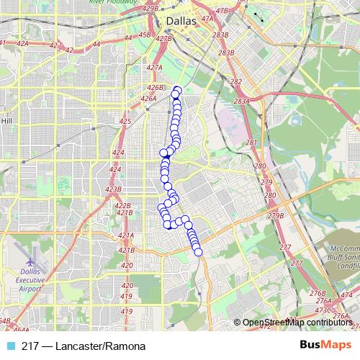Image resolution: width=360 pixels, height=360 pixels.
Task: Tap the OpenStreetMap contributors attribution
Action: coord(297,323)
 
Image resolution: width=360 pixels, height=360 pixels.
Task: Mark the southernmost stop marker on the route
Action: coord(199,251)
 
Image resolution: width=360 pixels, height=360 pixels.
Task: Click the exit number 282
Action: coord(236,81)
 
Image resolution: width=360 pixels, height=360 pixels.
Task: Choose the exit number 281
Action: coord(251,143)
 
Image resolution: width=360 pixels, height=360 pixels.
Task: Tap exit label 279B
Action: coord(275,216)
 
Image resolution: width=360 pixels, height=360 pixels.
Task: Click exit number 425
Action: coord(125,121)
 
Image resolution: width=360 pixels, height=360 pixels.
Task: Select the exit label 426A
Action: coord(148,99)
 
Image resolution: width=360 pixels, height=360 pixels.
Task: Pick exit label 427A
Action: coord(153,67)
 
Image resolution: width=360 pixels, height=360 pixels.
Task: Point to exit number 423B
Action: coord(114,189)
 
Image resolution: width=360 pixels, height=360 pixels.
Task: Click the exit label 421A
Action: coord(126,235)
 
